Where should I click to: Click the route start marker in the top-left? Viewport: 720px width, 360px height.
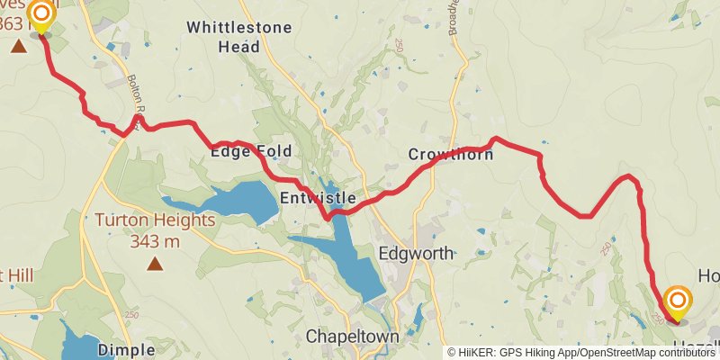point(41,14)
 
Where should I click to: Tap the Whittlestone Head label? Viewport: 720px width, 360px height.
point(239,36)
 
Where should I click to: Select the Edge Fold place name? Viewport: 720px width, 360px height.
point(251,152)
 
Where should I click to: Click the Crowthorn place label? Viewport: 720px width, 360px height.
point(450,155)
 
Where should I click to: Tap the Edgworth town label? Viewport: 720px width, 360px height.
point(415,253)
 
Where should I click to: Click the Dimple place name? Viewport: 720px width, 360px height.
point(121,349)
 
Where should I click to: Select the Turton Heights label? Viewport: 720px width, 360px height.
point(156,220)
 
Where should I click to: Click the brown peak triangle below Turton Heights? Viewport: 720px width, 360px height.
point(156,264)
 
